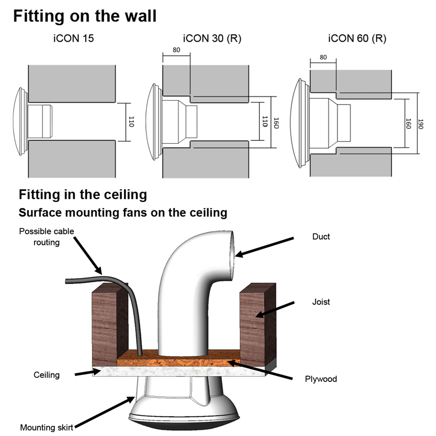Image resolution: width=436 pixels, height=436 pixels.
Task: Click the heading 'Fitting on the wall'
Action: coord(85,16)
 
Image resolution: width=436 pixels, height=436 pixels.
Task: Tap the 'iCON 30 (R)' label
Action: coord(212,39)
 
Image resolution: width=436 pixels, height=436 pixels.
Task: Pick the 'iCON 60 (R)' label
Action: coord(357,39)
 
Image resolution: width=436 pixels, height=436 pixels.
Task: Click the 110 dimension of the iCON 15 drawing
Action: coord(131,122)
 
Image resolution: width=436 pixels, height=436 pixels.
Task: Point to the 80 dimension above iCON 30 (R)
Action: coord(176,50)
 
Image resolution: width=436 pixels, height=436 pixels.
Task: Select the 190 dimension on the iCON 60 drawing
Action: coord(421,123)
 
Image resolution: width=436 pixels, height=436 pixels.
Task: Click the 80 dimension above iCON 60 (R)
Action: coord(323,57)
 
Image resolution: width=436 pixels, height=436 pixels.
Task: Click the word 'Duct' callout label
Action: coord(321,237)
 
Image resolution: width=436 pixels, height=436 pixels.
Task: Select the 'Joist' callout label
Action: coord(321,301)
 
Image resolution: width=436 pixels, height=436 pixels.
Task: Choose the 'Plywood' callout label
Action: coord(321,379)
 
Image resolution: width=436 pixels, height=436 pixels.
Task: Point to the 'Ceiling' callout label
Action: coord(47,375)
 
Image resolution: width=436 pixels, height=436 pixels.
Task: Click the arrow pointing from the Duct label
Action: coord(266,246)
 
